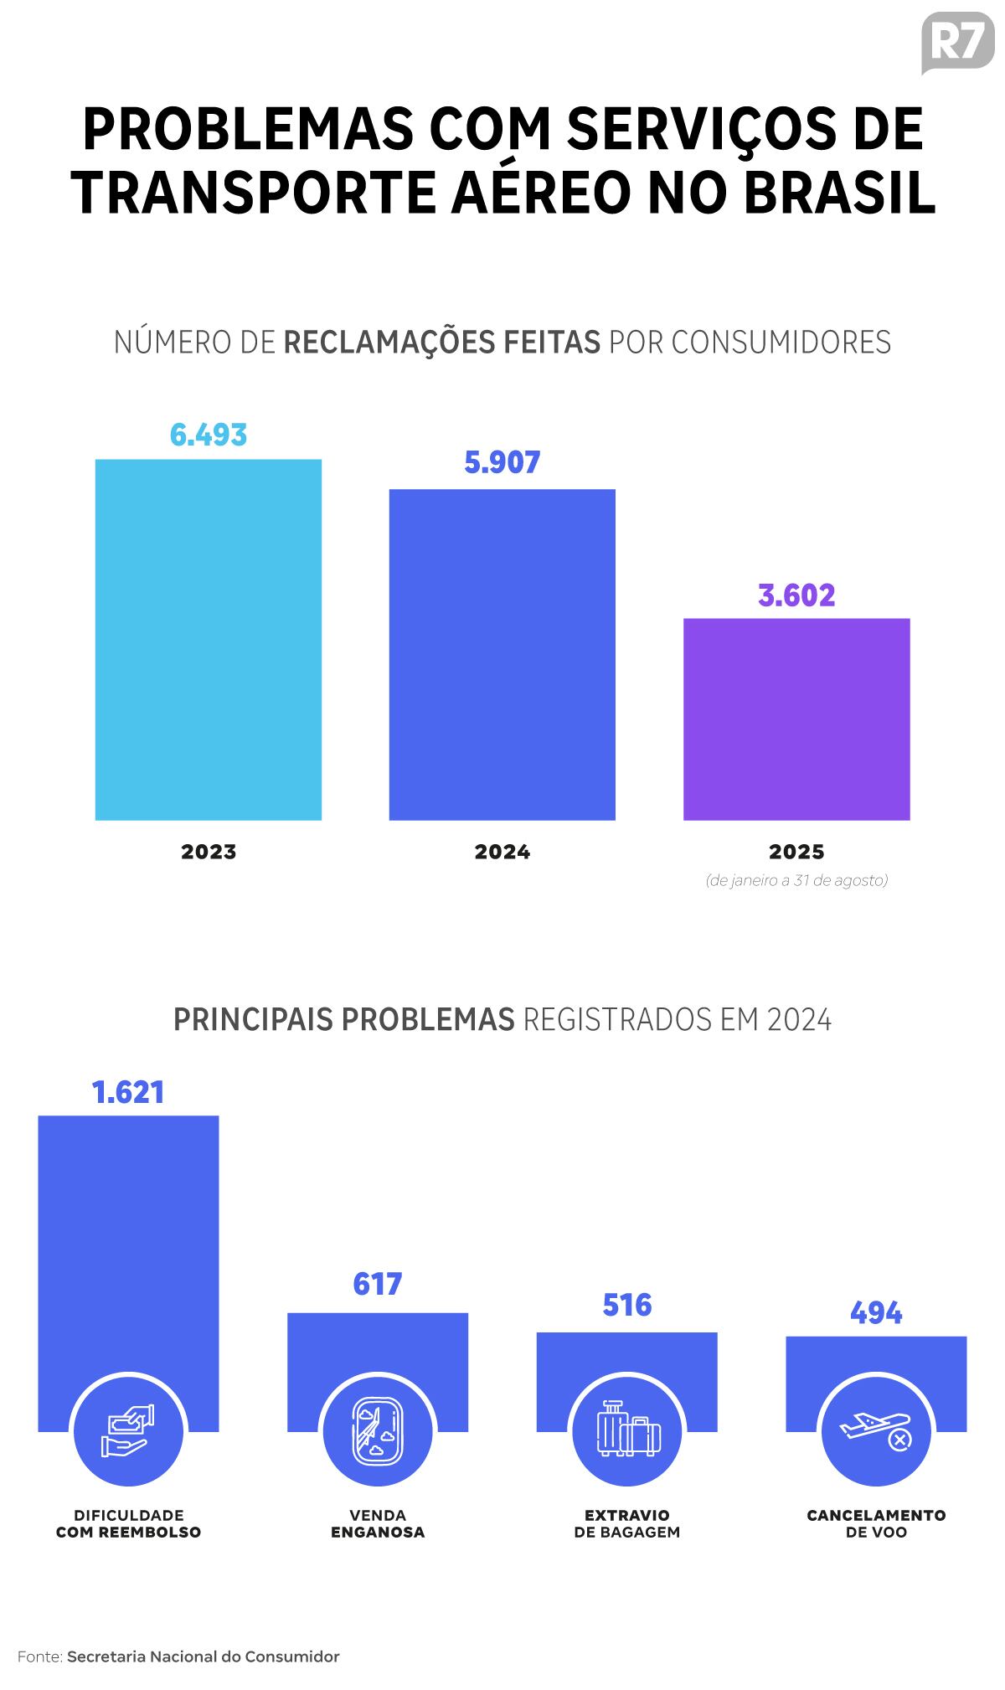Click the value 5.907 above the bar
(x=502, y=462)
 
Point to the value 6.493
(x=209, y=435)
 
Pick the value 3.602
(x=796, y=595)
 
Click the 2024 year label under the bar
(x=502, y=852)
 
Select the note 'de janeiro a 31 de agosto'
(x=796, y=880)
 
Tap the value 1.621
(x=128, y=1092)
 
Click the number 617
(x=378, y=1284)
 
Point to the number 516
(x=627, y=1305)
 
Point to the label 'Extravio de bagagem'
(x=627, y=1523)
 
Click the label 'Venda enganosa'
(x=378, y=1523)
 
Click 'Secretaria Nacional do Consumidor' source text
(x=204, y=1657)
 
